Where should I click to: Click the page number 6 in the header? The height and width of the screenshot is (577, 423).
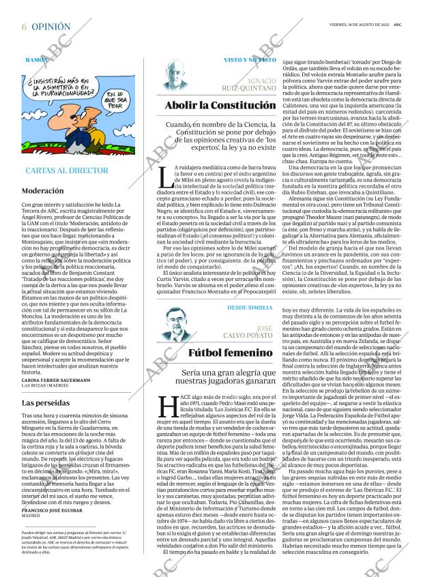[24, 27]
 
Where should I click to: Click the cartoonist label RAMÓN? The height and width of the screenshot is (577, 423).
[36, 60]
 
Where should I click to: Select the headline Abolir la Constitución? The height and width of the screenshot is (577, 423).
[220, 106]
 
